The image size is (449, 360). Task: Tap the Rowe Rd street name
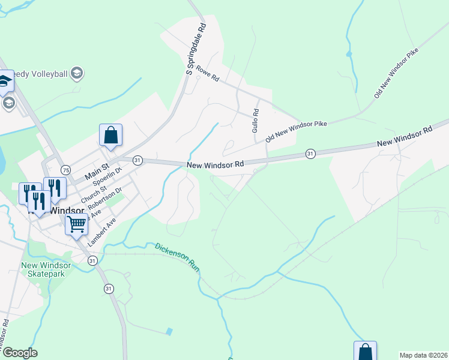click(x=211, y=79)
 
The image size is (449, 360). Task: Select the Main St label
click(x=97, y=170)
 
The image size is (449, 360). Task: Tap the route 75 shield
click(x=65, y=170)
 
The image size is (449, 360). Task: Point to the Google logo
click(x=20, y=353)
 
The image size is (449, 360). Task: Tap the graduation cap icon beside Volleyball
click(x=76, y=73)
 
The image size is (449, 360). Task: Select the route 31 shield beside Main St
click(x=137, y=160)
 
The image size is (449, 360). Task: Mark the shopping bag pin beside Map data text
click(x=365, y=352)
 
